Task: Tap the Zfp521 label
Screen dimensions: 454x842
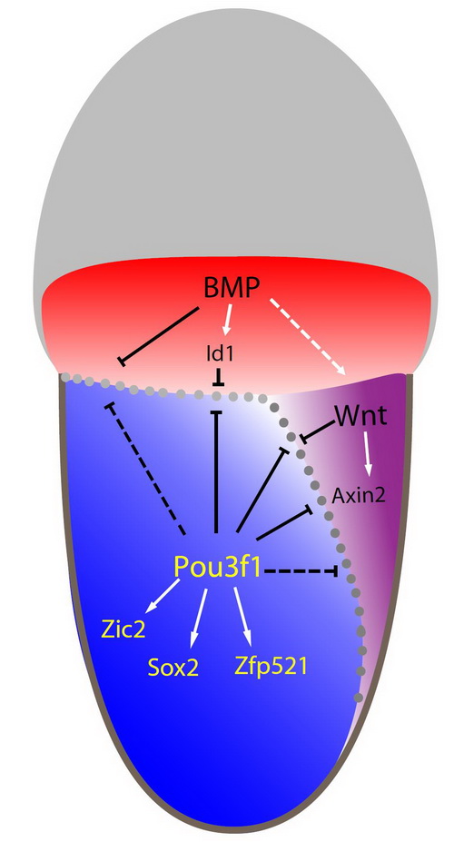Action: click(271, 667)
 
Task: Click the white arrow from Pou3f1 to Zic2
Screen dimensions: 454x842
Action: click(163, 596)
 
